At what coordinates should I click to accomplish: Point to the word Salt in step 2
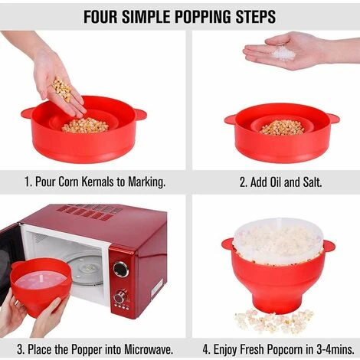point(313,182)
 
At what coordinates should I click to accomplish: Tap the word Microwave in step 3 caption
point(149,349)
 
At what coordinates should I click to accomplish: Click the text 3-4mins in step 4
point(335,349)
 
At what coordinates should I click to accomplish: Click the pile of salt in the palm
point(283,54)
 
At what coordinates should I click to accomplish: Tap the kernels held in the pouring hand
point(62,89)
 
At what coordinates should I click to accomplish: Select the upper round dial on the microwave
point(121,269)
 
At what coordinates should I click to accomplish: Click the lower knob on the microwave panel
point(119,296)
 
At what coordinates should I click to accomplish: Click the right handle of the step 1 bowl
point(140,114)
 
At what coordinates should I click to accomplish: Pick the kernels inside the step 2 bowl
point(282,127)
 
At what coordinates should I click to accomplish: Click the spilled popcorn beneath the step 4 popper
point(273,321)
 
